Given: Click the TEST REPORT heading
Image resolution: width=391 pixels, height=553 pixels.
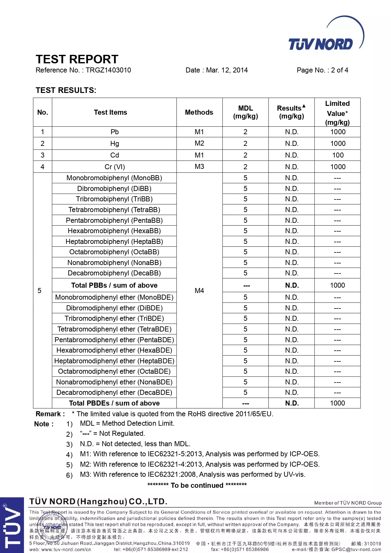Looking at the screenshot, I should tap(77, 59).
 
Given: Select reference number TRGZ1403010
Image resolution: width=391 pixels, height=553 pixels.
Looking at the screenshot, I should tap(108, 70).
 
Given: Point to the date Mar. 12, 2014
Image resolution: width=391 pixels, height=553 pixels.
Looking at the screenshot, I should tap(227, 70).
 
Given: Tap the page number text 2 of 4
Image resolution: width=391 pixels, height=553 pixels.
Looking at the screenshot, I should tap(339, 70).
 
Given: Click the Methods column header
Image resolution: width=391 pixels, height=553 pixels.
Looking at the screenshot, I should tap(199, 112).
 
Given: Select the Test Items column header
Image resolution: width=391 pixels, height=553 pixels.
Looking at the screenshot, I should tap(110, 112).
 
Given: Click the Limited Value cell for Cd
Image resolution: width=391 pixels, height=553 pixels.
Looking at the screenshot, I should tap(337, 155).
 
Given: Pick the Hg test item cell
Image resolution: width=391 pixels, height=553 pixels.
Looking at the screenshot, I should tap(114, 144).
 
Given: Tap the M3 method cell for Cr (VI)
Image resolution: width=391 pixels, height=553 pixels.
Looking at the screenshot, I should tap(199, 167).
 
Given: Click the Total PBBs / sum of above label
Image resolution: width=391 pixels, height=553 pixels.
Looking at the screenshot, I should tap(114, 285).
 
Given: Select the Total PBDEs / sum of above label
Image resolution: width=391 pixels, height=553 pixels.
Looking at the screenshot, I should tap(114, 403).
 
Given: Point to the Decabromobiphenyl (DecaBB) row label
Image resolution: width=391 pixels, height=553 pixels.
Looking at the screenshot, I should tap(114, 273).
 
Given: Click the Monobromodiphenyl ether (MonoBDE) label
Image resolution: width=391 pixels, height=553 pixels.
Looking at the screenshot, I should tap(114, 297).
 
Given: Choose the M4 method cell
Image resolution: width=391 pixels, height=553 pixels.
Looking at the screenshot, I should tap(199, 291).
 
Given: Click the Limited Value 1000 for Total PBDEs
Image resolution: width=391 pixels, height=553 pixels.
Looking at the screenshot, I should tap(337, 403).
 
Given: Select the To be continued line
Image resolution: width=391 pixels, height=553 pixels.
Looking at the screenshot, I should tap(197, 485).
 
